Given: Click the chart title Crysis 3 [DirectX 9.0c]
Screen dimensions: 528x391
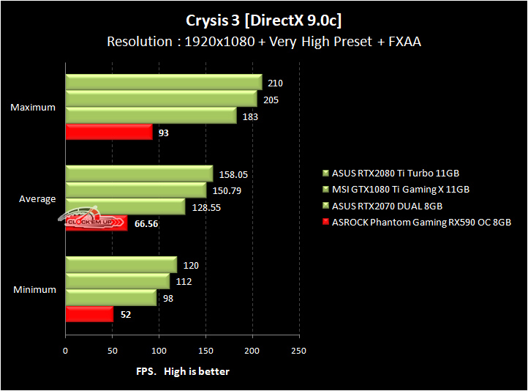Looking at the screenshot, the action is point(264,21).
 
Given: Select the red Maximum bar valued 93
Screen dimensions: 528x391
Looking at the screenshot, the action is point(109,132).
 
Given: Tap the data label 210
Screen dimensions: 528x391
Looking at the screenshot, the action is point(275,83).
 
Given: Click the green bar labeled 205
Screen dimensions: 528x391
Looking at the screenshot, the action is point(162,99).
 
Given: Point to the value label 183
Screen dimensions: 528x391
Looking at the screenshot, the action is point(250,116).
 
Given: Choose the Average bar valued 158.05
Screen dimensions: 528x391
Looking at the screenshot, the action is point(140,174).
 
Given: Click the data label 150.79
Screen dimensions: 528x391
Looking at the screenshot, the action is point(227,191).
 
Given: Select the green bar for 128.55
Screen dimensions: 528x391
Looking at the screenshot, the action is point(125,206).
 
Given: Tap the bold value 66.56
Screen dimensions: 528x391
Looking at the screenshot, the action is point(146,224).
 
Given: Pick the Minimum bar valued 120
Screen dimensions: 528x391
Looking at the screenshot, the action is point(121,264).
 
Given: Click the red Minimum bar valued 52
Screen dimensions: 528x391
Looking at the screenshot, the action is point(89,314).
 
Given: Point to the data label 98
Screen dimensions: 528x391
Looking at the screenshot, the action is point(168,298).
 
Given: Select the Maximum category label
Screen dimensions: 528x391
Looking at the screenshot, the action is point(33,107).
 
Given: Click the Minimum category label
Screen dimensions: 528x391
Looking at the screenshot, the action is point(34,289).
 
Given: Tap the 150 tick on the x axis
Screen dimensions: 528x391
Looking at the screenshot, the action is point(205,351).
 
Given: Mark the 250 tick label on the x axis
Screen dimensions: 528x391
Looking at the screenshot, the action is point(298,351).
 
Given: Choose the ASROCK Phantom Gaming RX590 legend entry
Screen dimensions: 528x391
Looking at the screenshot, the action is point(417,223).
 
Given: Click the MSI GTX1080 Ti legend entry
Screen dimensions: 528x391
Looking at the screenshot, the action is point(396,190).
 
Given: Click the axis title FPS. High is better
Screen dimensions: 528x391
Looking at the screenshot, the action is point(183,371).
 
